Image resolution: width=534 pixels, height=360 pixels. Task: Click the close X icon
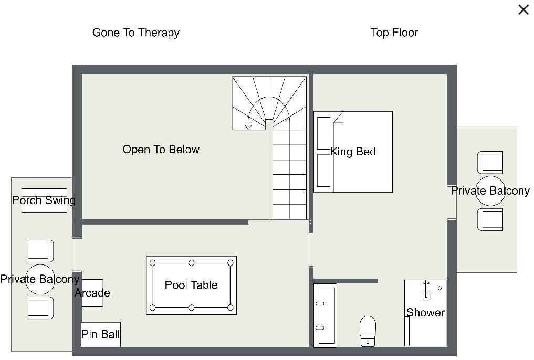pyautogui.click(x=523, y=9)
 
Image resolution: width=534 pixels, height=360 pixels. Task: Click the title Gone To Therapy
pyautogui.click(x=136, y=33)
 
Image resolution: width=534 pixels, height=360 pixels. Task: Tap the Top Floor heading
pyautogui.click(x=394, y=33)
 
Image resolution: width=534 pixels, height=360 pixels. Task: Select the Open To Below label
pyautogui.click(x=161, y=150)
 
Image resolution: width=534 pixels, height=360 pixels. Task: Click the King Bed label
pyautogui.click(x=353, y=152)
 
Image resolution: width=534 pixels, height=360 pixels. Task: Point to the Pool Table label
pyautogui.click(x=191, y=285)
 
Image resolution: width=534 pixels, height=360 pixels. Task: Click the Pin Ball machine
pyautogui.click(x=100, y=334)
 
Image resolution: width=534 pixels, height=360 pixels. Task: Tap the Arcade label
pyautogui.click(x=92, y=293)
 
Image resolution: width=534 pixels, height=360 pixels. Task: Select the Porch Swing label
pyautogui.click(x=44, y=200)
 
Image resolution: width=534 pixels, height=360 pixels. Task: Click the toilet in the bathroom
pyautogui.click(x=368, y=331)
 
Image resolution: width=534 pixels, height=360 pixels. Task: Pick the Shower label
pyautogui.click(x=425, y=313)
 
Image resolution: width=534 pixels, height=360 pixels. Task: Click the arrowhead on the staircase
pyautogui.click(x=248, y=126)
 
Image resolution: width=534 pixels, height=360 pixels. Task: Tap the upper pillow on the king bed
pyautogui.click(x=323, y=133)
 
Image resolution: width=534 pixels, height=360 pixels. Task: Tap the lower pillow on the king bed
pyautogui.click(x=323, y=171)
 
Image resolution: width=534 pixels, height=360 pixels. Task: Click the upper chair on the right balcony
pyautogui.click(x=490, y=162)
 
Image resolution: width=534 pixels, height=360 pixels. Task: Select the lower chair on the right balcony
pyautogui.click(x=490, y=219)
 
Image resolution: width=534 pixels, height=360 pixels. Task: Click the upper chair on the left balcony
pyautogui.click(x=40, y=251)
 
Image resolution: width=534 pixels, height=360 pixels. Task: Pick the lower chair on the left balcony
pyautogui.click(x=40, y=308)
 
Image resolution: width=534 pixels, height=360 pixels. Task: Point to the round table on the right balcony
pyautogui.click(x=490, y=191)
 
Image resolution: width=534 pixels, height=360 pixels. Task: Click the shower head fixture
pyautogui.click(x=426, y=290)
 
